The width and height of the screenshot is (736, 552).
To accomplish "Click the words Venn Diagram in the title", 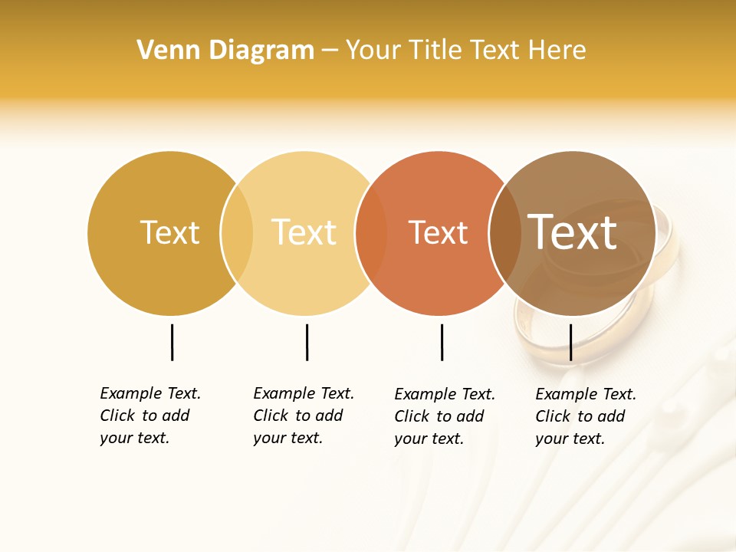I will coord(225,51).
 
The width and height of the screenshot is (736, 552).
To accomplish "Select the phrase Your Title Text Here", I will coord(465,51).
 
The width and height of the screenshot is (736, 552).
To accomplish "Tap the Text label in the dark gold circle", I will coord(169,232).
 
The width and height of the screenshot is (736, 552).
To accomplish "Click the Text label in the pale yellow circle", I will coord(304,232).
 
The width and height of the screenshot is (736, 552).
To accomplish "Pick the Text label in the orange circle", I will coord(438,232).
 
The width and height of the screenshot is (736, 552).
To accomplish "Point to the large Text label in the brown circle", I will coord(572,232).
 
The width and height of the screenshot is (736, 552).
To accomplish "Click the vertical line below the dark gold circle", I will coord(172,342).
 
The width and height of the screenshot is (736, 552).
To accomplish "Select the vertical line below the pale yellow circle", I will coord(307,342).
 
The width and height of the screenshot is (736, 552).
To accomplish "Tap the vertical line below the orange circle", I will coord(442,342).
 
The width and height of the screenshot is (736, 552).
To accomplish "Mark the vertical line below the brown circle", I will coord(570,342).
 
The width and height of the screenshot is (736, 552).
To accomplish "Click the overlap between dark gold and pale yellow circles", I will coord(237,233).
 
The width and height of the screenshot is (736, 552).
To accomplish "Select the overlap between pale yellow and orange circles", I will coord(371,233).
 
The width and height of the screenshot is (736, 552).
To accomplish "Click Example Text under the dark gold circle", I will coord(150,393).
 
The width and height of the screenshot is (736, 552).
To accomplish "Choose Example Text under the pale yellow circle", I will coord(304,393).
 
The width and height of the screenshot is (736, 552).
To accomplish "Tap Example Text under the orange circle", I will coord(445,394).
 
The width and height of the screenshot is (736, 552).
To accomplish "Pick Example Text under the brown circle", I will coord(586,394).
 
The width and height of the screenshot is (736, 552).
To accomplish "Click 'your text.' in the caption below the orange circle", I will coord(429,439).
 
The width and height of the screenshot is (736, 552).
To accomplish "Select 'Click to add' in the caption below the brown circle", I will coord(580,416).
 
